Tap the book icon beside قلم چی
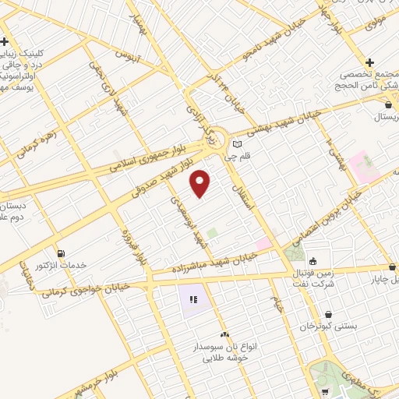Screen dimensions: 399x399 (237, 144)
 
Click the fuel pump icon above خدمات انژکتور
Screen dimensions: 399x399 (62, 252)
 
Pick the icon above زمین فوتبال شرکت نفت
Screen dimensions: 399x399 (312, 261)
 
